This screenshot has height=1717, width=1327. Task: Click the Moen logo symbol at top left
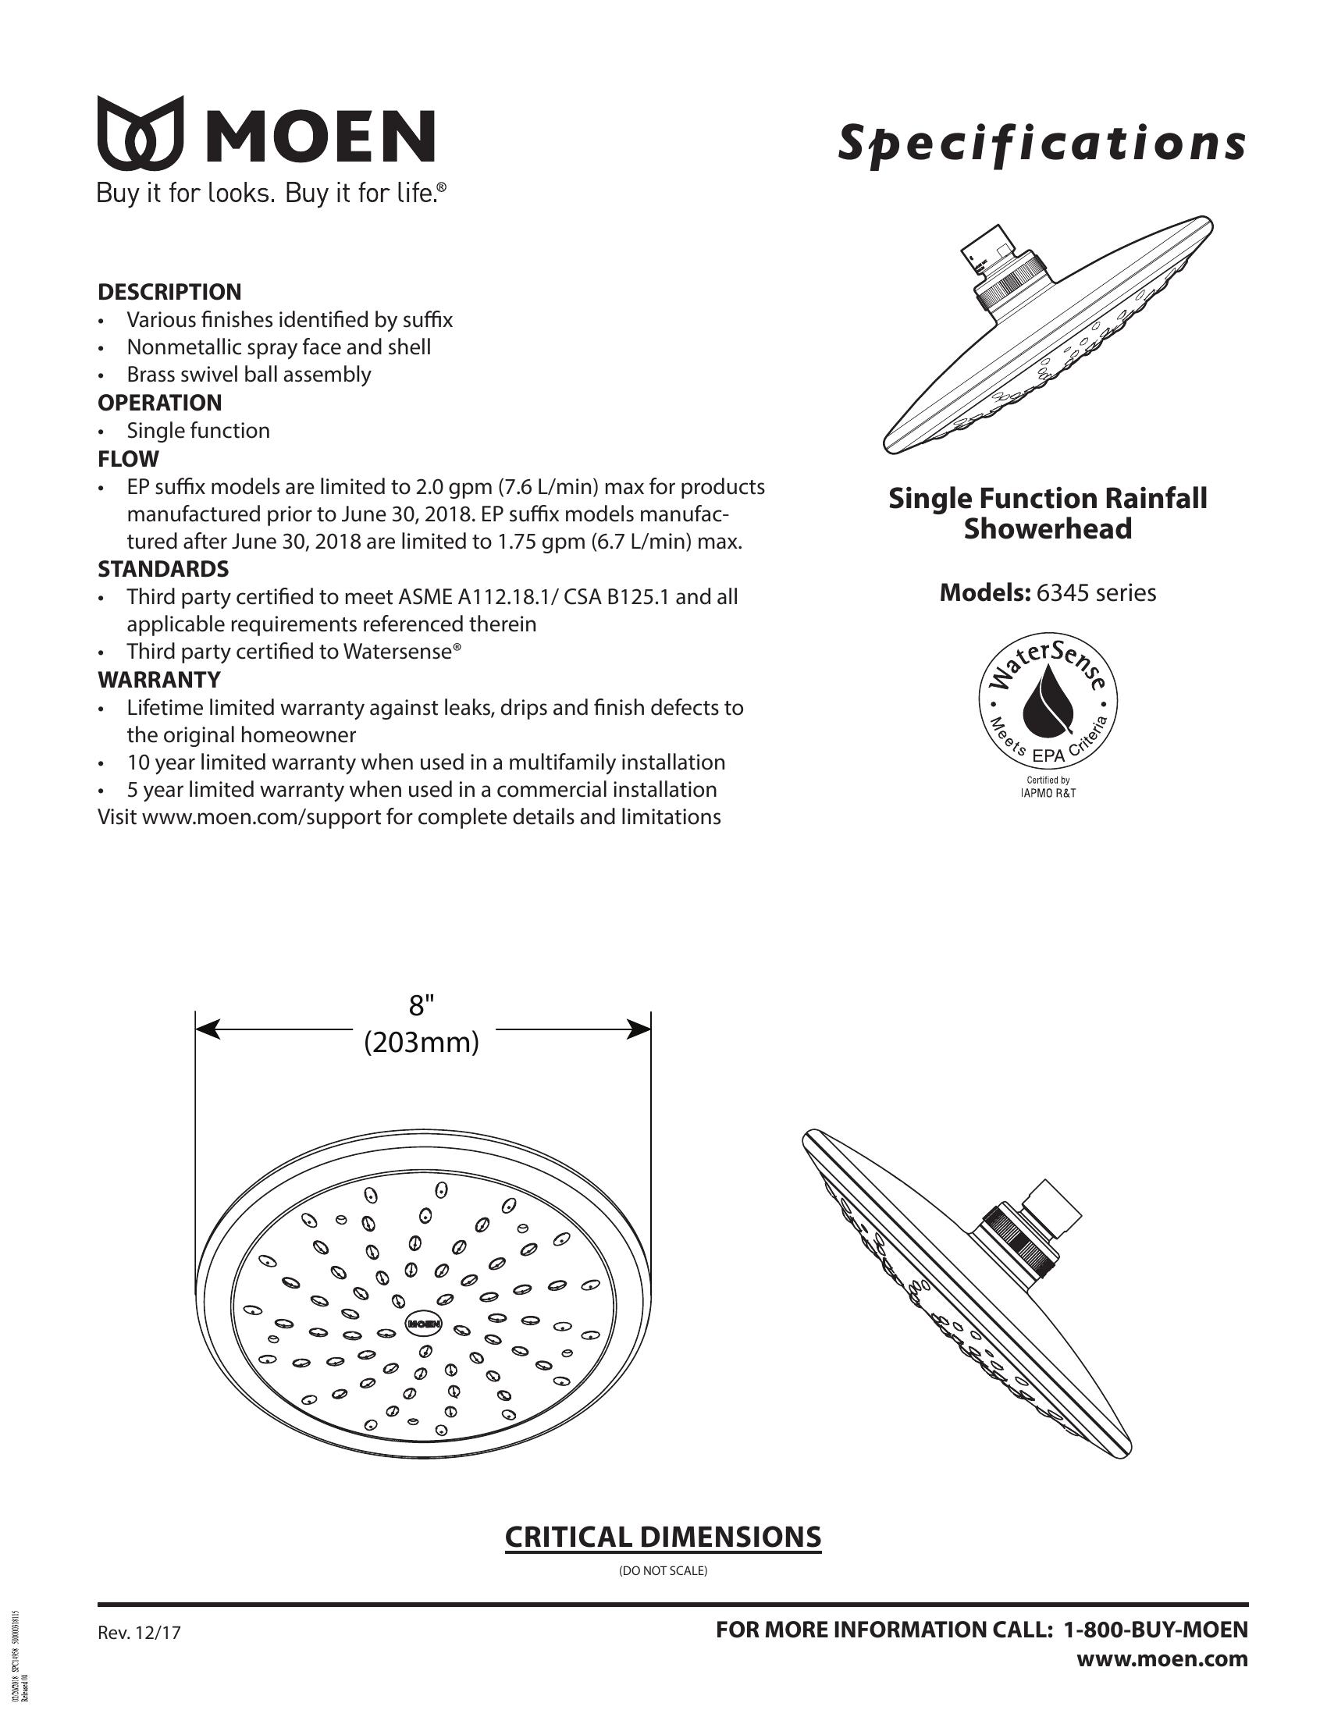pyautogui.click(x=140, y=133)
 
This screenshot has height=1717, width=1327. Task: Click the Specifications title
pyautogui.click(x=1041, y=144)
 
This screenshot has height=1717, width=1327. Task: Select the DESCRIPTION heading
pyautogui.click(x=169, y=292)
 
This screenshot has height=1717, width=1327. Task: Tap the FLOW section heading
pyautogui.click(x=127, y=458)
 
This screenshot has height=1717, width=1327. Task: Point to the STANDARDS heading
pyautogui.click(x=162, y=568)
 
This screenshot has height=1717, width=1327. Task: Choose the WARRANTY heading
pyautogui.click(x=158, y=679)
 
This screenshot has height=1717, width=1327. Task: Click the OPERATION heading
pyautogui.click(x=159, y=403)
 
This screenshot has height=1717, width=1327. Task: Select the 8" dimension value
pyautogui.click(x=422, y=1005)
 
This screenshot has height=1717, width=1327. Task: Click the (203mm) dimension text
pyautogui.click(x=422, y=1043)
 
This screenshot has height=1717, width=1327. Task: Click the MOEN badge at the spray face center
pyautogui.click(x=424, y=1323)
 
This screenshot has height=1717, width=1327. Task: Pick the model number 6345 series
pyautogui.click(x=1096, y=593)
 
